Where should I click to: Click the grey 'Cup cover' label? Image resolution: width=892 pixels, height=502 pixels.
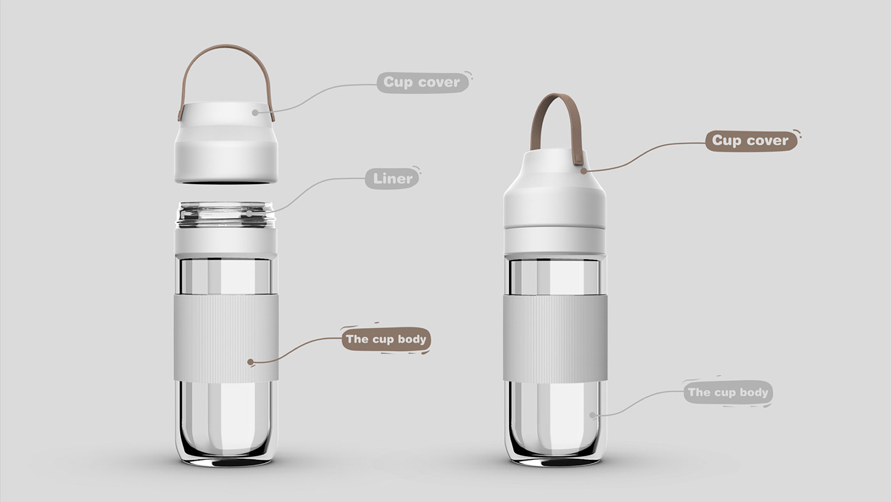(x=422, y=82)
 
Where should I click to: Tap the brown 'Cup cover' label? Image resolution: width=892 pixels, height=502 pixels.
(x=751, y=141)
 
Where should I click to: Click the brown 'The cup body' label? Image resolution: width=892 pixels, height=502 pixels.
(x=386, y=339)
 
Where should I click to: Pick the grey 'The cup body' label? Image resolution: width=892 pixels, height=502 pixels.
(x=728, y=392)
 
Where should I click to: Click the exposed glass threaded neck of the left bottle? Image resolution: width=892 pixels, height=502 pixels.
(x=226, y=215)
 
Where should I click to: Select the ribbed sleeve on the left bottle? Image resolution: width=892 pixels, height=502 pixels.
(x=226, y=338)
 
